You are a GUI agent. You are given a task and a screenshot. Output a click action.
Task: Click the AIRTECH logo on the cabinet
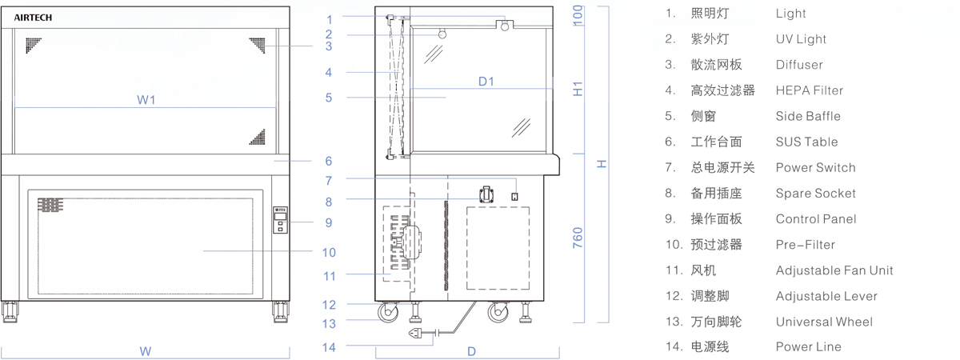pyautogui.click(x=33, y=18)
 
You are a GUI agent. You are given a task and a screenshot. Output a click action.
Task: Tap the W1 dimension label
pyautogui.click(x=146, y=100)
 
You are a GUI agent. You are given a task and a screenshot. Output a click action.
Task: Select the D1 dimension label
pyautogui.click(x=486, y=82)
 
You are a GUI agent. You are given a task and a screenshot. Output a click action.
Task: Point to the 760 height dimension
pyautogui.click(x=578, y=238)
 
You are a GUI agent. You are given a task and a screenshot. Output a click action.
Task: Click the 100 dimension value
pyautogui.click(x=578, y=15)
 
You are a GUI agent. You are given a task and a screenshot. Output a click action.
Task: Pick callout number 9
pyautogui.click(x=329, y=223)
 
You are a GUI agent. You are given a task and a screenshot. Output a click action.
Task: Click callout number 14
pyautogui.click(x=329, y=347)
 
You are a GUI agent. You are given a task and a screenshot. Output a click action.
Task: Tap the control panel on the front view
pyautogui.click(x=280, y=220)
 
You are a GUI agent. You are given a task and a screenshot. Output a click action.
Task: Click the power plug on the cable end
pyautogui.click(x=417, y=333)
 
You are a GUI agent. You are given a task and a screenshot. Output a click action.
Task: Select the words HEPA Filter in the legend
pyautogui.click(x=809, y=90)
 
